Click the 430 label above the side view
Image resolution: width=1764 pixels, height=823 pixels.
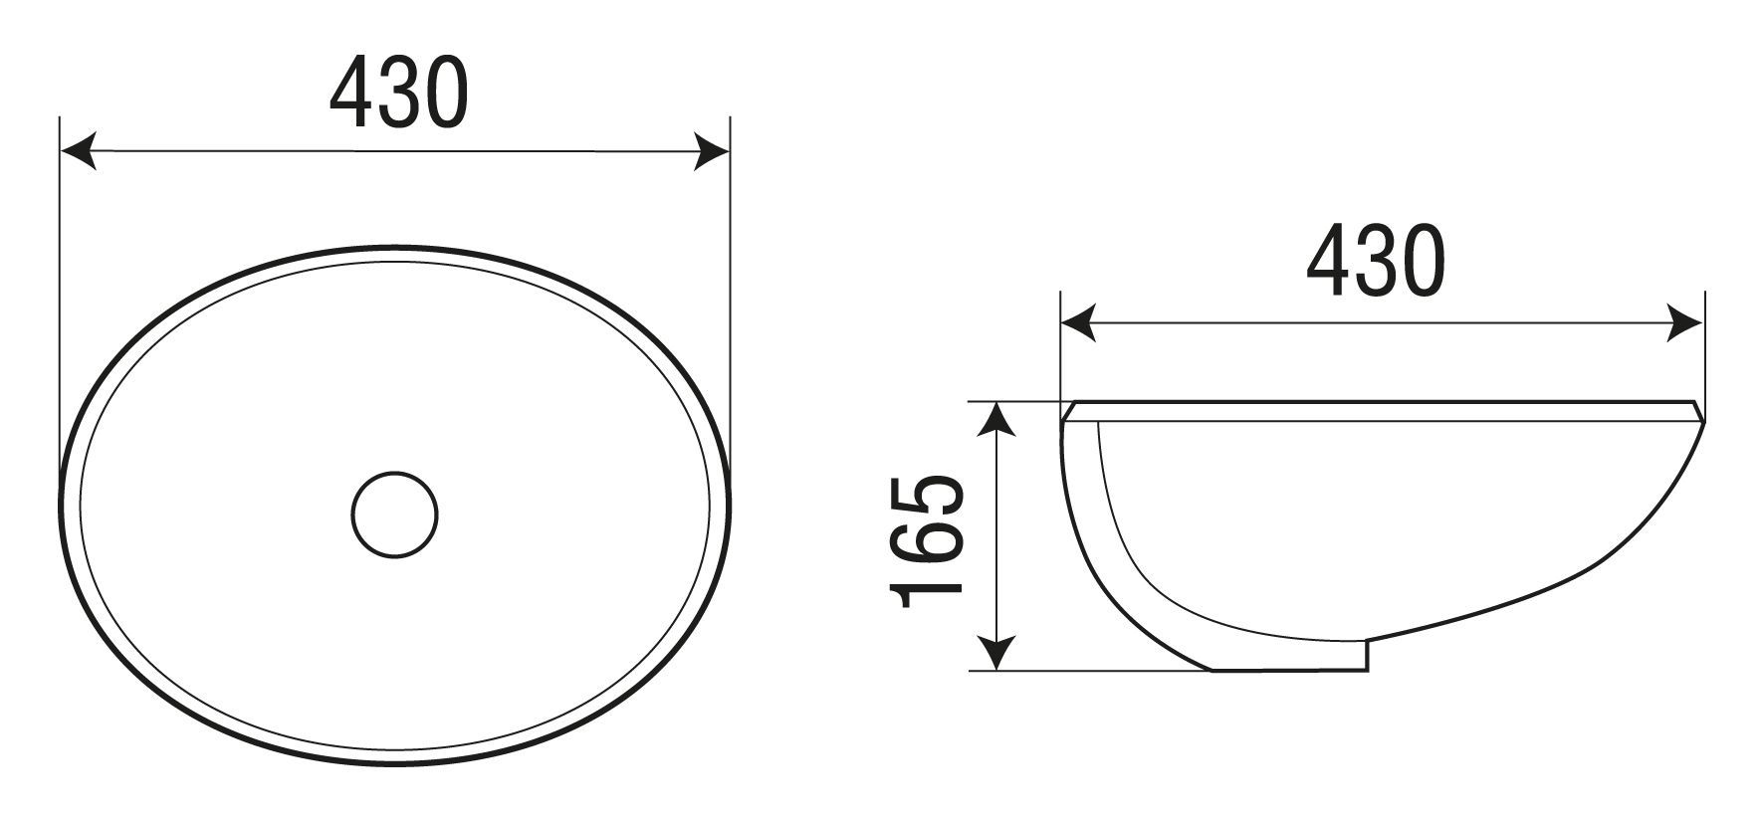(1375, 261)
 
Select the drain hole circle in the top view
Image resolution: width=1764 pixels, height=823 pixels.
(394, 514)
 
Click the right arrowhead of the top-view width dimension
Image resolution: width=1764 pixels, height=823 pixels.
(713, 152)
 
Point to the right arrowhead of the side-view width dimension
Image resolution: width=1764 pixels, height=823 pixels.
(1687, 323)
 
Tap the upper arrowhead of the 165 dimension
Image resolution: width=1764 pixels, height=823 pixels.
(996, 420)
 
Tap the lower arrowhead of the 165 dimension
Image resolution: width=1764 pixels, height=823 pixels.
(996, 653)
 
